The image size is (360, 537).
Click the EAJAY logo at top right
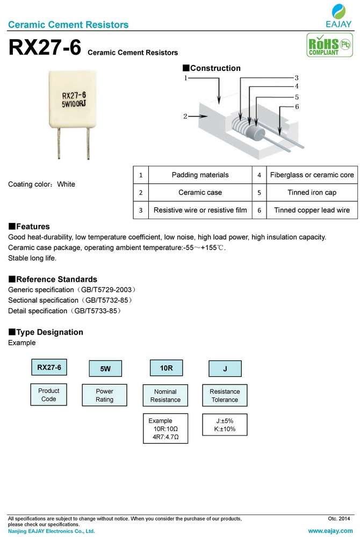(x=339, y=16)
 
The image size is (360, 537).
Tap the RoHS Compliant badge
(x=323, y=45)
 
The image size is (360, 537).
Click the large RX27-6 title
(x=45, y=48)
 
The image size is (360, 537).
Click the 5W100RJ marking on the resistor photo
(x=74, y=105)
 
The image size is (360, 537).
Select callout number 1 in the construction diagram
(x=186, y=78)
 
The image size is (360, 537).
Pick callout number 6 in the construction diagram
(x=297, y=106)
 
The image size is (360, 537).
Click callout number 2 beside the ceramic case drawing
(x=185, y=115)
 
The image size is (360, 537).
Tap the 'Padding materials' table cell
(x=200, y=175)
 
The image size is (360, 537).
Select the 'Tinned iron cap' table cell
(x=312, y=192)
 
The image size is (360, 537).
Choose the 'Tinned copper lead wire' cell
(x=312, y=210)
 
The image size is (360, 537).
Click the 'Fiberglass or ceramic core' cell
(x=312, y=175)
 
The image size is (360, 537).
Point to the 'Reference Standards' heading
(x=53, y=279)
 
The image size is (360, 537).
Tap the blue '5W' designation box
(x=105, y=369)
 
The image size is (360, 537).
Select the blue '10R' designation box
(x=166, y=368)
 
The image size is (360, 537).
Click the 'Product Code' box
(x=48, y=395)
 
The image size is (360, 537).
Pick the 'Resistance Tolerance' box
(x=225, y=396)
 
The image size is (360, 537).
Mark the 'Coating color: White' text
(x=42, y=184)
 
